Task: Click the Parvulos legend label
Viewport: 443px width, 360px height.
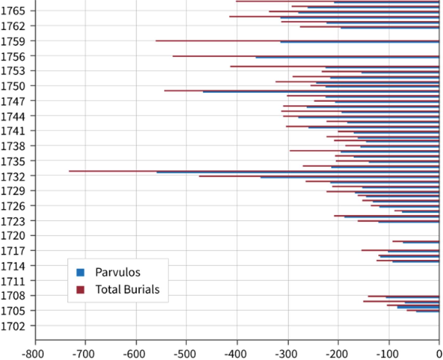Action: click(x=118, y=272)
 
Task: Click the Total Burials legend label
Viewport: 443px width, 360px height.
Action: click(x=127, y=290)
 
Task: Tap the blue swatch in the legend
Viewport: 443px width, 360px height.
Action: click(x=80, y=272)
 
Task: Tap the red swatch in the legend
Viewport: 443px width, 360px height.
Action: click(x=80, y=290)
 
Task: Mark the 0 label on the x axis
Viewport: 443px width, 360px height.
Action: click(x=439, y=354)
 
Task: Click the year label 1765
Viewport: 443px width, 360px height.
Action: click(x=13, y=11)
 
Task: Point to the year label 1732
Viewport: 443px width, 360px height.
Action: click(x=13, y=177)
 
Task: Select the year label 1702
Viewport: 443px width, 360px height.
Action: click(x=13, y=326)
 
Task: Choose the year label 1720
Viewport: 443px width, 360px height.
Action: click(x=13, y=236)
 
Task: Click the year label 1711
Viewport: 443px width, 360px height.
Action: click(x=13, y=281)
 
